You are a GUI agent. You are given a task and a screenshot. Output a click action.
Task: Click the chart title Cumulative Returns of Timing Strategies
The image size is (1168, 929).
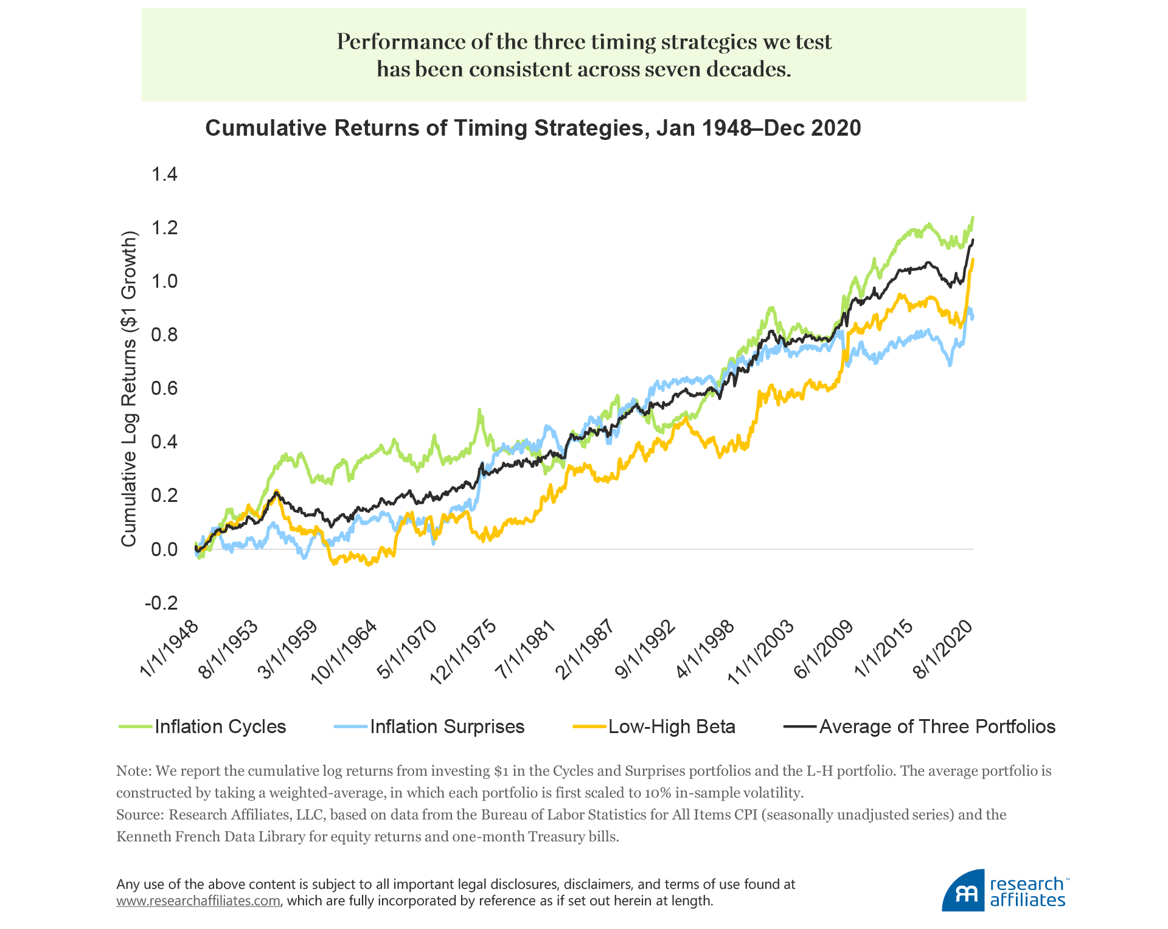click(x=533, y=128)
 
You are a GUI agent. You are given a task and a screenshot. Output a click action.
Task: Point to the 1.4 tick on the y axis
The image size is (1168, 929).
click(x=164, y=175)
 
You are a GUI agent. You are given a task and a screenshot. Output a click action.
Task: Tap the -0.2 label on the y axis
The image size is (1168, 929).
click(x=161, y=603)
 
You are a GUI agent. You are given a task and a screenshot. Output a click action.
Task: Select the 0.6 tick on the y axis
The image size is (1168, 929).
click(x=164, y=388)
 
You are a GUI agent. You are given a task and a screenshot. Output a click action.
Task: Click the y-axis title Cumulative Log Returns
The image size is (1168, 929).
click(x=129, y=389)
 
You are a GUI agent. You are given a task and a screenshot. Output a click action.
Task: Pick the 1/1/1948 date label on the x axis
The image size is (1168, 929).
click(x=170, y=649)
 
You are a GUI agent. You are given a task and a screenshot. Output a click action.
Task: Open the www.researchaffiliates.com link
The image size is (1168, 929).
click(x=198, y=900)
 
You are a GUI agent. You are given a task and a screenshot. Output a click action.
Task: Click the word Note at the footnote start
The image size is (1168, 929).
click(x=133, y=771)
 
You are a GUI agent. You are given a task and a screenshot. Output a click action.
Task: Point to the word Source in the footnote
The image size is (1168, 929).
click(x=139, y=815)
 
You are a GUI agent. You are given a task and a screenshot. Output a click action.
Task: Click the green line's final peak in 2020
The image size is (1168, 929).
click(x=973, y=217)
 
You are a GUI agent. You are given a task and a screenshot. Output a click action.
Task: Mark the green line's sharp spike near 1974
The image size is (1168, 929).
click(x=479, y=411)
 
